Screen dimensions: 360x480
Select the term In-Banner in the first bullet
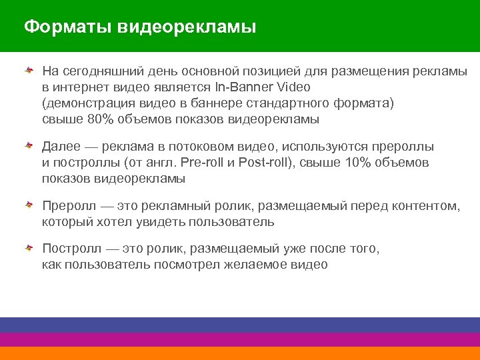click(240, 87)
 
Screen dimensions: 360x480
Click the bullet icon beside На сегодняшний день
click(29, 71)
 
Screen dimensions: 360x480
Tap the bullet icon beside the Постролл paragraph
click(29, 249)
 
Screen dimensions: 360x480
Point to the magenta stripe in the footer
click(240, 339)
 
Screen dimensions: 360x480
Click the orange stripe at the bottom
click(240, 353)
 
